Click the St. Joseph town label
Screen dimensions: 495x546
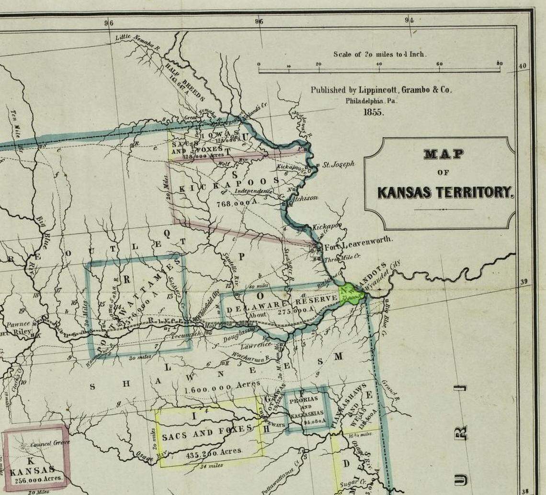coord(338,165)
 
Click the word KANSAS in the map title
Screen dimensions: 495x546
coord(405,192)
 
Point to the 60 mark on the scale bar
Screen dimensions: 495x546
coord(439,64)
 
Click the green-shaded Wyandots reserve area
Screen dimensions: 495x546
coord(351,293)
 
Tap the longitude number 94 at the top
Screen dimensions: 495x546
coord(409,20)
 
